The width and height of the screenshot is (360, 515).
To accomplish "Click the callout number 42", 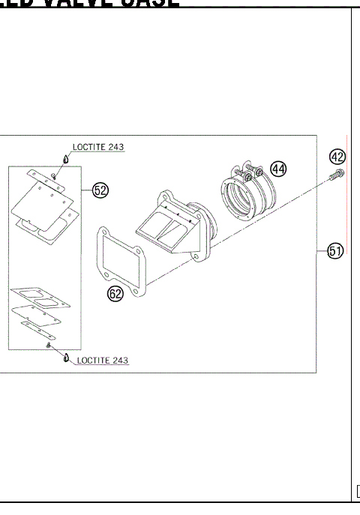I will click(x=337, y=157).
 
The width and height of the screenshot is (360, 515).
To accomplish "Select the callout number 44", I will click(x=278, y=169).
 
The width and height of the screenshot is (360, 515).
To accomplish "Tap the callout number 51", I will click(x=335, y=251).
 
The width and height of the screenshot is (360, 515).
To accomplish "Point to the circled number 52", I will click(x=99, y=190).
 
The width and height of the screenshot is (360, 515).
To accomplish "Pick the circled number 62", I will click(x=115, y=295).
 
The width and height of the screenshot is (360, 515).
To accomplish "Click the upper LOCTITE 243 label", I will click(x=98, y=148).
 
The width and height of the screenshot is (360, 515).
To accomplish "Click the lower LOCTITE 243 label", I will click(x=102, y=361).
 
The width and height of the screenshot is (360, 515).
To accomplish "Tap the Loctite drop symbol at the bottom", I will click(x=65, y=358).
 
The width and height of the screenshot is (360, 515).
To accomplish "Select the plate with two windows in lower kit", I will click(x=42, y=300).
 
